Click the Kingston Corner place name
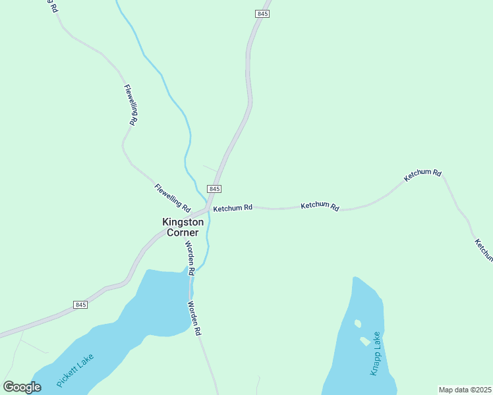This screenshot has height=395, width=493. tap(183, 227)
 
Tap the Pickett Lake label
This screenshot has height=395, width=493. tap(75, 370)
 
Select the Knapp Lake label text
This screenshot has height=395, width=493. tap(376, 354)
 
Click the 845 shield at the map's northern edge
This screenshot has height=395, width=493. tap(262, 14)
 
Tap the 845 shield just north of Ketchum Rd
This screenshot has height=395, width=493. tap(214, 189)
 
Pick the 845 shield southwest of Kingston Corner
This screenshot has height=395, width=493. tap(80, 305)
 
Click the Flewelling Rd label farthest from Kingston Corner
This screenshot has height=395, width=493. tap(130, 105)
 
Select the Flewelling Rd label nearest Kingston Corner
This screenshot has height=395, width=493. tap(172, 195)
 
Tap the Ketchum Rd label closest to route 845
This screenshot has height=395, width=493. tap(233, 208)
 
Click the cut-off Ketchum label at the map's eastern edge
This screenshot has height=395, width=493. tap(483, 250)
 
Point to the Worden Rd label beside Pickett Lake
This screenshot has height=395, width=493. tap(194, 319)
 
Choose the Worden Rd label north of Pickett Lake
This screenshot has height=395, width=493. tap(190, 258)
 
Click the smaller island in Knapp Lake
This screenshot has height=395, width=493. tap(357, 323)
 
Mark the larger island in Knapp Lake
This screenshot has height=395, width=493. tap(364, 341)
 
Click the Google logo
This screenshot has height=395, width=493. tap(22, 387)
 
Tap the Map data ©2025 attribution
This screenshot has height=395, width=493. tap(465, 390)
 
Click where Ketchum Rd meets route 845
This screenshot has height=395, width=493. tap(208, 209)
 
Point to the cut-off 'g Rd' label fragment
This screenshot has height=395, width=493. tap(50, 6)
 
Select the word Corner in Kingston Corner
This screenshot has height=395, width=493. tap(183, 232)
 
